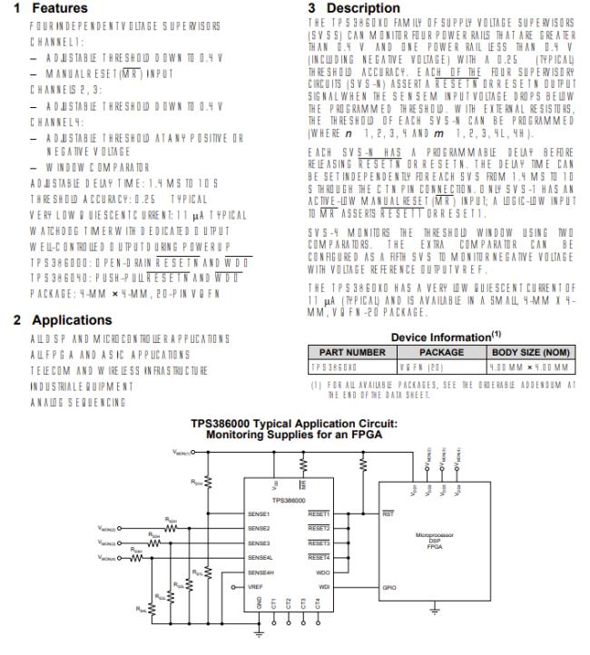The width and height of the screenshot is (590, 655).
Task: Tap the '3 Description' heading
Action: click(352, 7)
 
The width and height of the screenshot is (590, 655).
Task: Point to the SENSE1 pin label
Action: click(259, 513)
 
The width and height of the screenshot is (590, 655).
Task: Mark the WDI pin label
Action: click(324, 586)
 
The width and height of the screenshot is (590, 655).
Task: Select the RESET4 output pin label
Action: click(319, 556)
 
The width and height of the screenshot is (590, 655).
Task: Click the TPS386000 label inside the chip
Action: click(290, 499)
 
